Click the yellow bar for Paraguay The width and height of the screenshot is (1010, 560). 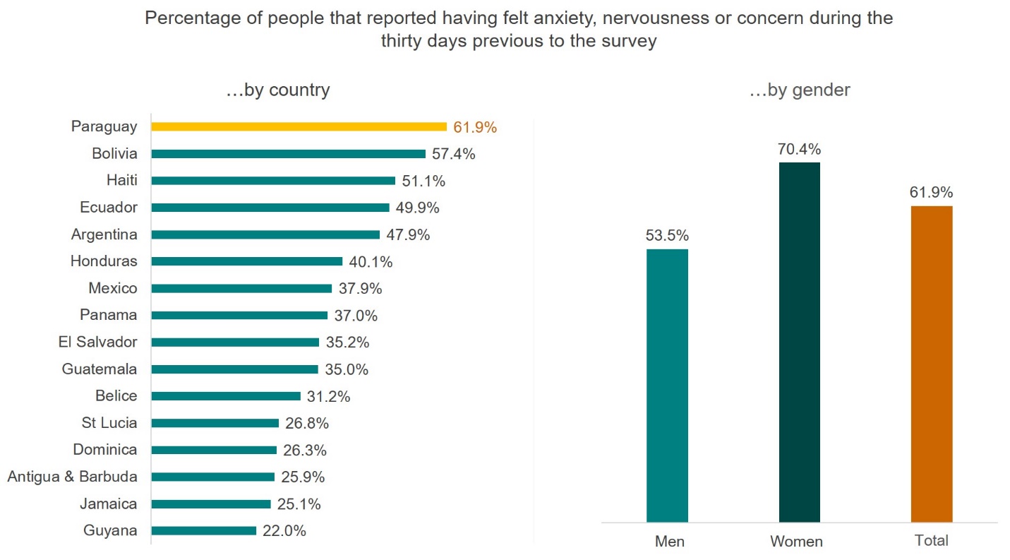point(299,127)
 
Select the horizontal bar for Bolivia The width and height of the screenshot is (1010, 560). point(288,154)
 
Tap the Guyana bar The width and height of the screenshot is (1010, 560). point(203,530)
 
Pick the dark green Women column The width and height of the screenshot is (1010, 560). point(799,342)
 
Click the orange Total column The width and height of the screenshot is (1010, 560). point(931,364)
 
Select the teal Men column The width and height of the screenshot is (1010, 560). point(667,386)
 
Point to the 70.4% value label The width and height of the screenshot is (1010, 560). point(799,150)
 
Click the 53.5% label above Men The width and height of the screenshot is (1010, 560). point(667,236)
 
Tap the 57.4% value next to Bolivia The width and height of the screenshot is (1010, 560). point(453,154)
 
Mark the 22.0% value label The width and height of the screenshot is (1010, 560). point(284,531)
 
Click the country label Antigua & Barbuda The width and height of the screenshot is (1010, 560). point(72,477)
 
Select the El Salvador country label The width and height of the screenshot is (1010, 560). point(97,342)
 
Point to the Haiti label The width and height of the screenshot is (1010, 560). point(121,181)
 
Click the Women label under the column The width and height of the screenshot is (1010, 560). point(796,542)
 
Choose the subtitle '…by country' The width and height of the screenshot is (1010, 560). point(277,90)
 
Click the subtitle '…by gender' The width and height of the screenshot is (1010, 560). point(799,90)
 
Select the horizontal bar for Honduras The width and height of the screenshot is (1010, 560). point(246,261)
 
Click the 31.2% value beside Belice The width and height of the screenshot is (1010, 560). point(328,396)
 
